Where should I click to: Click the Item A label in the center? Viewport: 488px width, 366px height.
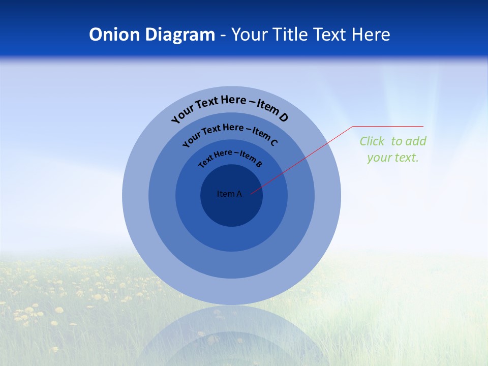pyautogui.click(x=229, y=194)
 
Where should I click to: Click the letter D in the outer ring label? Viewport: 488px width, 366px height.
pyautogui.click(x=283, y=117)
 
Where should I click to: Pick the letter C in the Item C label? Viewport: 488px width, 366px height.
pyautogui.click(x=274, y=142)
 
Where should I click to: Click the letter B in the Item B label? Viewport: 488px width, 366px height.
pyautogui.click(x=259, y=164)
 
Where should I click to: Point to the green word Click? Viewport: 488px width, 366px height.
pyautogui.click(x=372, y=141)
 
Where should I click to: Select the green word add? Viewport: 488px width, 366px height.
pyautogui.click(x=416, y=141)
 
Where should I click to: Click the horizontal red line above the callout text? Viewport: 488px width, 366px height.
pyautogui.click(x=388, y=126)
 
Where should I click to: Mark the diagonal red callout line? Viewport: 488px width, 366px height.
pyautogui.click(x=302, y=160)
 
